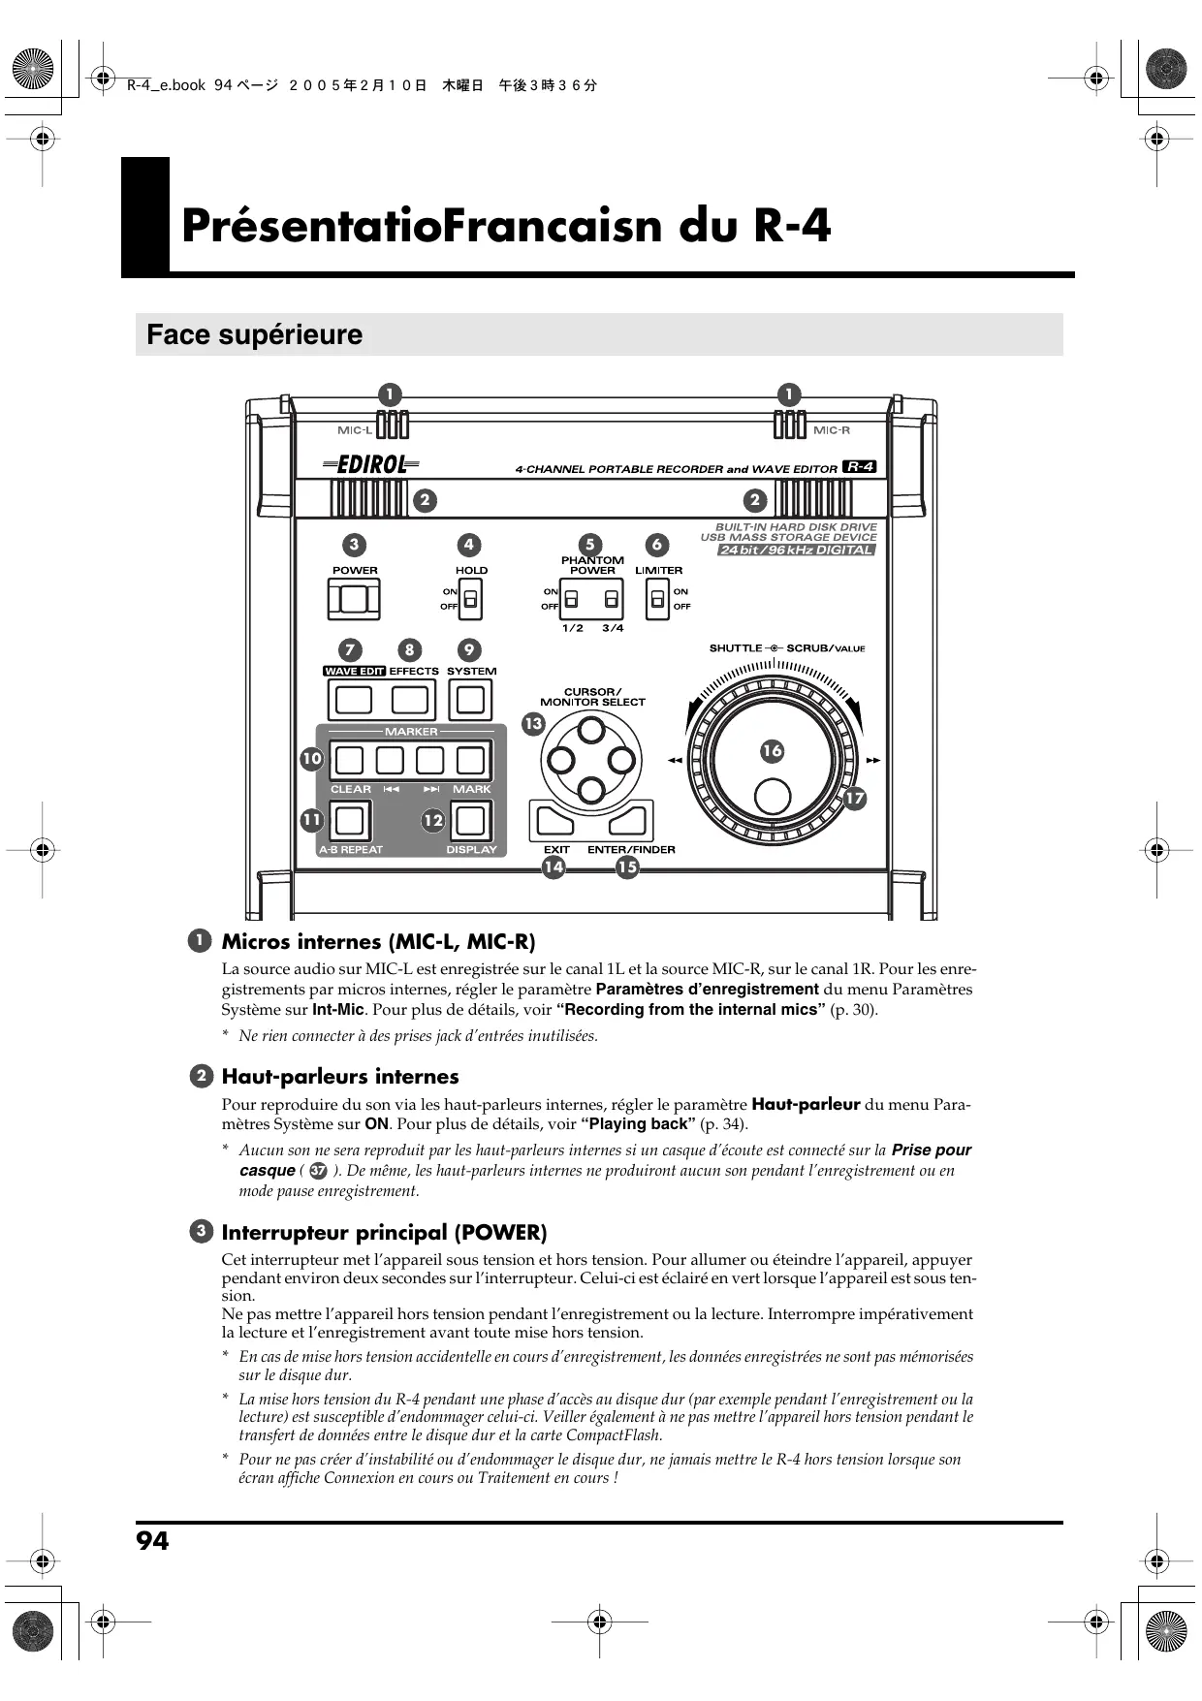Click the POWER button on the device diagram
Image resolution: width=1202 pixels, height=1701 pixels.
[x=354, y=600]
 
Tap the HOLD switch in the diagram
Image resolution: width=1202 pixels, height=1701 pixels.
[x=470, y=600]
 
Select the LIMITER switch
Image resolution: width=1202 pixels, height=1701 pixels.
[x=658, y=600]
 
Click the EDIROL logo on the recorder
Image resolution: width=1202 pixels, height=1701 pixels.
[x=371, y=465]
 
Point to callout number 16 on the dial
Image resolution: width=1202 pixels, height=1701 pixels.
[x=772, y=750]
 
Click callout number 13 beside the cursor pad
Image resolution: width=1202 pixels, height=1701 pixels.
[x=533, y=724]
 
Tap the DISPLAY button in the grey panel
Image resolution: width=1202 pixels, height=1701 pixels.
[x=470, y=821]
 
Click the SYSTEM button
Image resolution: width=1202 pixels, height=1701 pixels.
[x=470, y=699]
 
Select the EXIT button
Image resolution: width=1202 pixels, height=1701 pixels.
[x=553, y=822]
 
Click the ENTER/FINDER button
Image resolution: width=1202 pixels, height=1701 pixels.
[x=629, y=822]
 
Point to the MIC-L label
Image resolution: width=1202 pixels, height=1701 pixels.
[x=354, y=430]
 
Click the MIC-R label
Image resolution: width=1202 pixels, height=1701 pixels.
[x=832, y=430]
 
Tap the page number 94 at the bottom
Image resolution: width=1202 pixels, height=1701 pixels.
[x=152, y=1541]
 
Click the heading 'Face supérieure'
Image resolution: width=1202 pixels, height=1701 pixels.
[x=254, y=334]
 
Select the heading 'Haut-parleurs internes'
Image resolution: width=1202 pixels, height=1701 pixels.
[x=339, y=1076]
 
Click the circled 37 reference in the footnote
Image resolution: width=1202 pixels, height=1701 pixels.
[x=318, y=1171]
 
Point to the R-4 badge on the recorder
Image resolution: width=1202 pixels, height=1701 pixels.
[x=860, y=466]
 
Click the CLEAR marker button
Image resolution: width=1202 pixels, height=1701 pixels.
[x=349, y=760]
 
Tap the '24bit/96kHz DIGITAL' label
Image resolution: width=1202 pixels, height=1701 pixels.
[x=796, y=551]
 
